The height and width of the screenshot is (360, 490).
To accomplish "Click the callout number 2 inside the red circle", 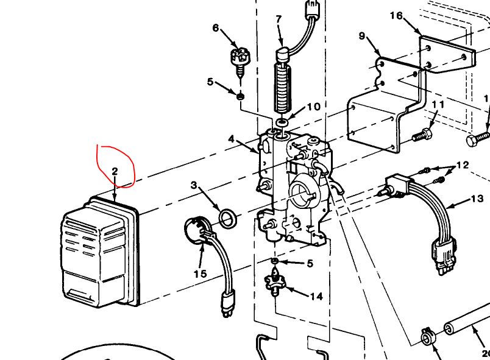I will coord(115,171).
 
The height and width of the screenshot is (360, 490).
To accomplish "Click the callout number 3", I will coord(194,185).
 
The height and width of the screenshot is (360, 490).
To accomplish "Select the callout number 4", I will coord(232,139).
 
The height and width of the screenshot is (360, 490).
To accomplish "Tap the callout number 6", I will coord(215,28).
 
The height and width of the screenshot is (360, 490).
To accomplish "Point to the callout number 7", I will coord(279,19).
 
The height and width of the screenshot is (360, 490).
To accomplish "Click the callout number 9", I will coord(362,37).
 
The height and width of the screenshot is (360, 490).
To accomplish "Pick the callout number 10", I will coord(313,107).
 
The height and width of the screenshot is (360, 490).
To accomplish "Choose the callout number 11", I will coord(438,105).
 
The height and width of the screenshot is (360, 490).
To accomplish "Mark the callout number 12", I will coord(463,165).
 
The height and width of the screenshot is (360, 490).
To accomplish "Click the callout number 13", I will coord(477,199).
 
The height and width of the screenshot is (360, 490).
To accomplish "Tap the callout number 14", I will coord(316,297).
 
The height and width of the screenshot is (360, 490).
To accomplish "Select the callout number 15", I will coord(200,274).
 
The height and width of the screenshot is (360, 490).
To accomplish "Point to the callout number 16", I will coord(396,15).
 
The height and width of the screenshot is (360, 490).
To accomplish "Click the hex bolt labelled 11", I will coord(422,135).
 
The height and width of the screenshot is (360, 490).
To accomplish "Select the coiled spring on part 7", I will coord(282,88).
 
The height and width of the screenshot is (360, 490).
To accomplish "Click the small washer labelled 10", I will coord(282,122).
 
